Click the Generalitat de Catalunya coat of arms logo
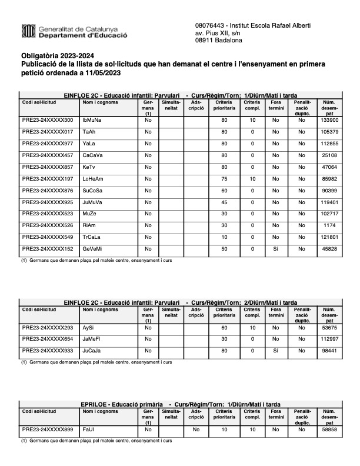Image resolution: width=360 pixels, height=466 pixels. coord(28,31)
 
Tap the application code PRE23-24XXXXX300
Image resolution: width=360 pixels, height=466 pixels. coord(48,120)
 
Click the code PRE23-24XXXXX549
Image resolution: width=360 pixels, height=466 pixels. coord(48,237)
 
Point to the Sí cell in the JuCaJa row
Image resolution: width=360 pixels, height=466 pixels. coord(275,350)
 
